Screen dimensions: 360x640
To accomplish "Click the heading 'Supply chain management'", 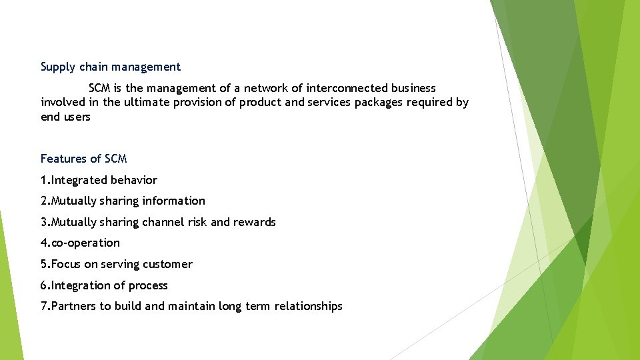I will (111, 67).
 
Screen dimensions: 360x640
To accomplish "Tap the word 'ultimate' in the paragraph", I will (146, 103).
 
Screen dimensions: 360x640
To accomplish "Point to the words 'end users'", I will (65, 117).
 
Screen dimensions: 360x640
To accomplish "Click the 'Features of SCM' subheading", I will (83, 159).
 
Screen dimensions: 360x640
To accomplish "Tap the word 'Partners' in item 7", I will (74, 306).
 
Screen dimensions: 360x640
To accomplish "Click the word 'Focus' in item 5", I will (66, 264).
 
